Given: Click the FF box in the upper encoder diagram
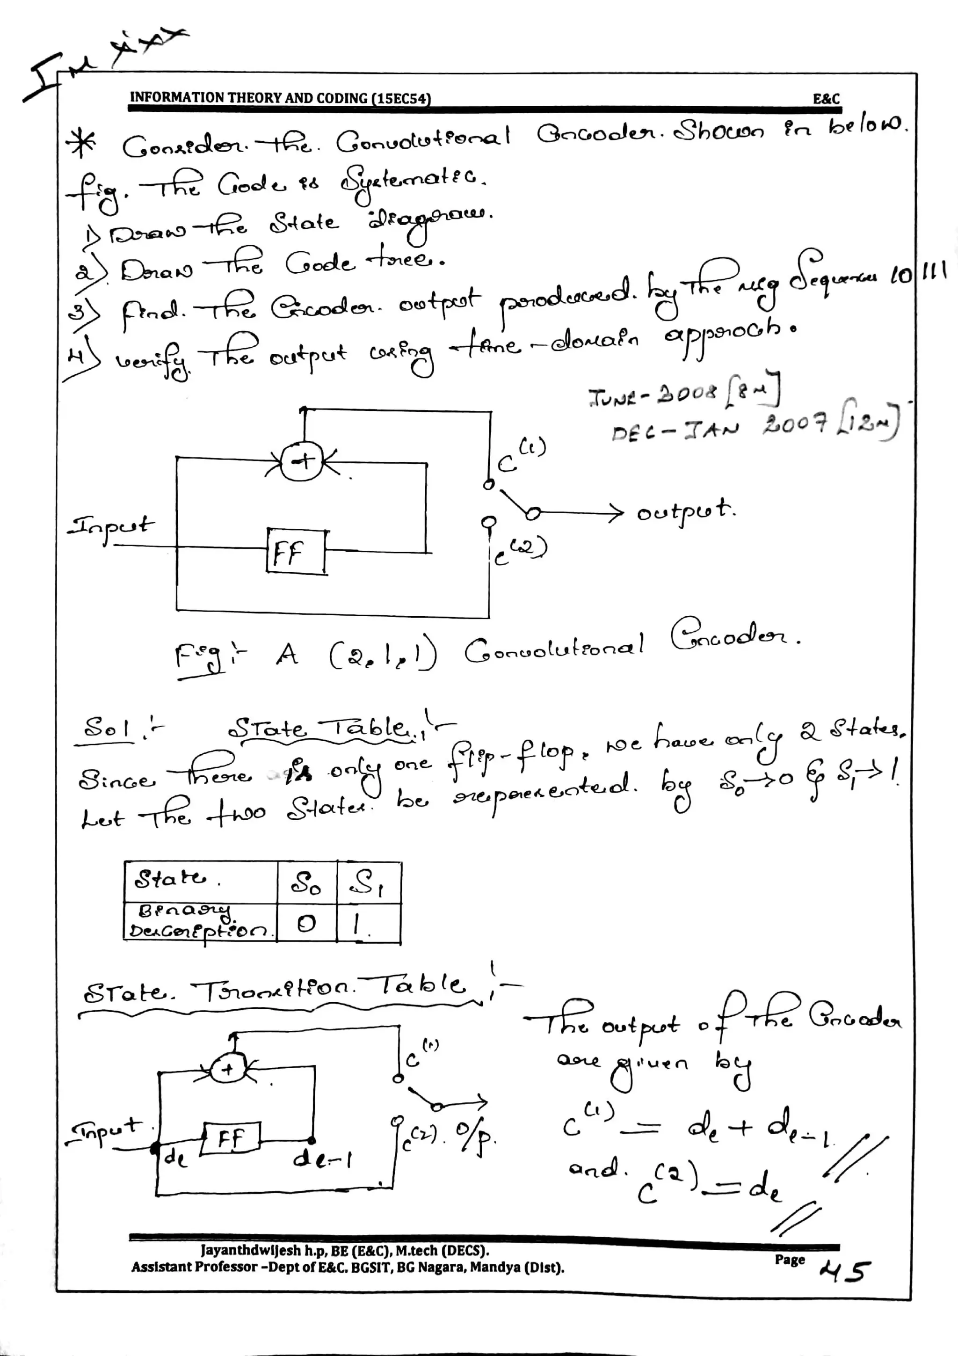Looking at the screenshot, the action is pos(296,552).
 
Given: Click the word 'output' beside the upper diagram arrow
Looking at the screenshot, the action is pos(685,511).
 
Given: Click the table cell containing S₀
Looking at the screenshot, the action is pos(306,883).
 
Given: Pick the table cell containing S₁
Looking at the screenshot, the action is pos(368,883).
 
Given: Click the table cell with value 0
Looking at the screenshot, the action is pos(306,923).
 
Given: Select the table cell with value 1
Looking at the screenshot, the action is pos(368,923).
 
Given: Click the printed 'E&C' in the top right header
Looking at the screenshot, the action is pos(826,99).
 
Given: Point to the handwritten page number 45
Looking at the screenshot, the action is pos(846,1270).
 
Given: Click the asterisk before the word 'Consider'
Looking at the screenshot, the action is pos(81,144).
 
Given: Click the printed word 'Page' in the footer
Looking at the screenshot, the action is pos(790,1259).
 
